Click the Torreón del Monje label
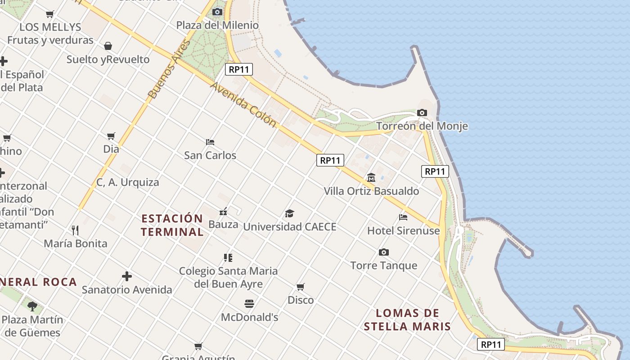[422, 126]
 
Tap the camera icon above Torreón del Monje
[422, 112]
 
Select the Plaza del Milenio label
[217, 25]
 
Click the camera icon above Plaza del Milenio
[217, 12]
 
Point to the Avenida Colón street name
[243, 104]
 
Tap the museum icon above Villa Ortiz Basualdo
[371, 178]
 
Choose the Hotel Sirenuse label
[403, 231]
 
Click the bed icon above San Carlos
[210, 142]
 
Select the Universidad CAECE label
[290, 227]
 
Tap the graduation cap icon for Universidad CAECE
[289, 213]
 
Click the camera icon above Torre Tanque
[383, 252]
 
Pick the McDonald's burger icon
[249, 304]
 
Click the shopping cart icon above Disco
[301, 287]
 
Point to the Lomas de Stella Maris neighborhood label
[407, 319]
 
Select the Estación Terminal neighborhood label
[172, 225]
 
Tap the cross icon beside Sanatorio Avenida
[127, 276]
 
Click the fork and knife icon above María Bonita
[75, 230]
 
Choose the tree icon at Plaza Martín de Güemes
[32, 306]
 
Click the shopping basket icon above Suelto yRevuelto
[108, 46]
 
